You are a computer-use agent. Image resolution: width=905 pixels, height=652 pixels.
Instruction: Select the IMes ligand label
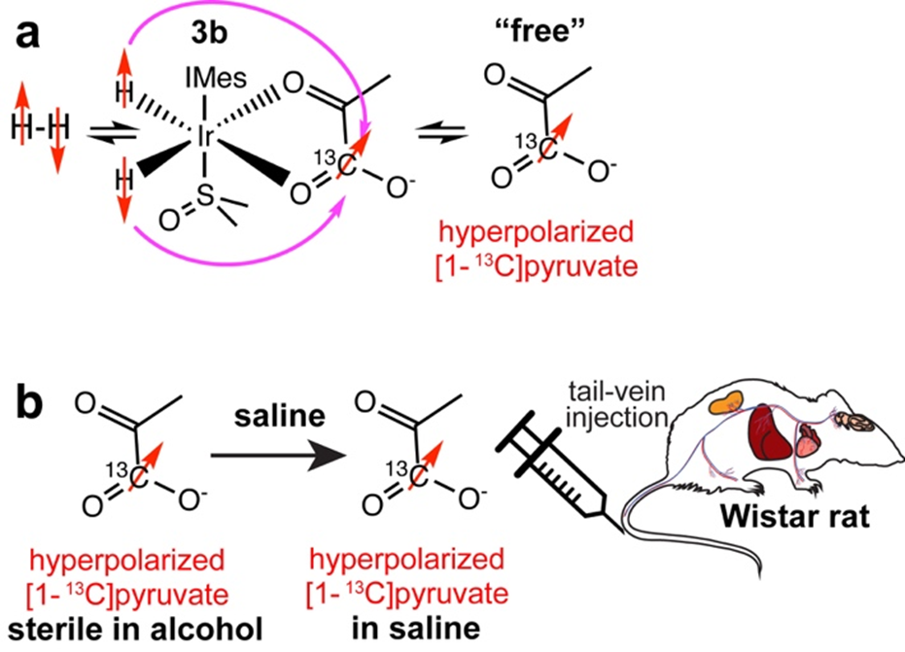[206, 72]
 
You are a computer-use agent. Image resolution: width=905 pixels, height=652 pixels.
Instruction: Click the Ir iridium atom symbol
[205, 137]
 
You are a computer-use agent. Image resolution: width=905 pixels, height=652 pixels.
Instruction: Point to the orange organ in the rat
[723, 399]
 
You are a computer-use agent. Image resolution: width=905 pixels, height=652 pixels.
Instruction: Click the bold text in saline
[402, 631]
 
